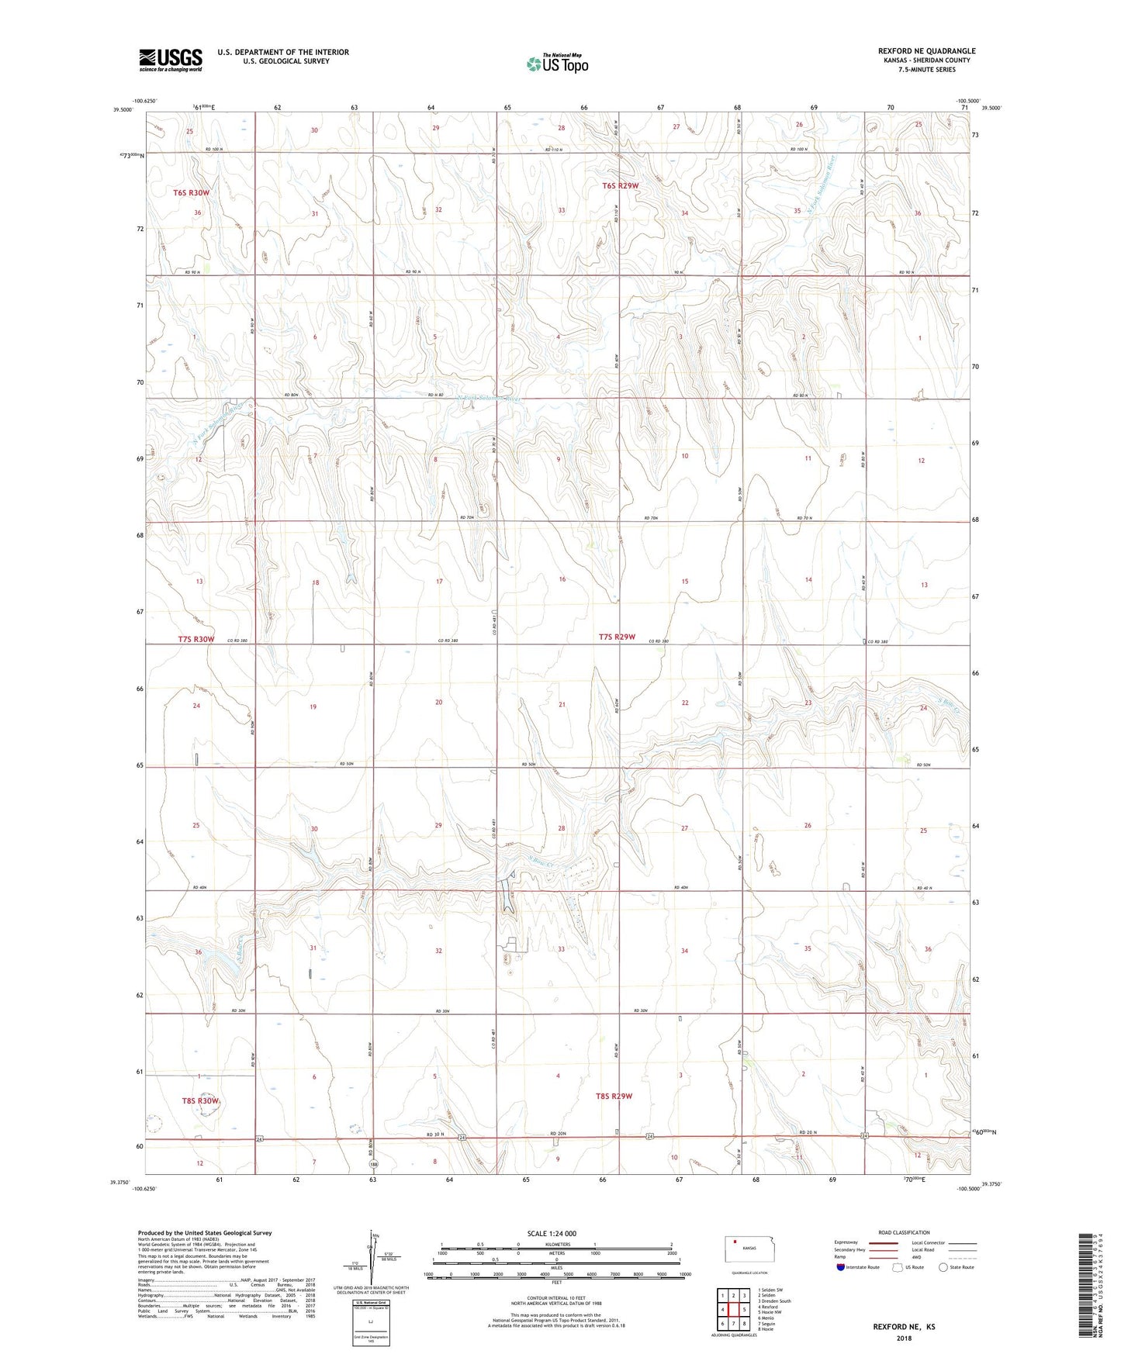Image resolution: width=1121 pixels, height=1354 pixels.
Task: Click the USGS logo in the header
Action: (171, 59)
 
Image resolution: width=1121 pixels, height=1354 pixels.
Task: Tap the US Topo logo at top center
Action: (557, 64)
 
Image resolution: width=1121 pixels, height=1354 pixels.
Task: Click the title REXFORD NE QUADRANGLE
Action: (926, 51)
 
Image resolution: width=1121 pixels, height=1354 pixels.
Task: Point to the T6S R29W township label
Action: (621, 185)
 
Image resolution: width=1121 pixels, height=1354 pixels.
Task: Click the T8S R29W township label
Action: (614, 1096)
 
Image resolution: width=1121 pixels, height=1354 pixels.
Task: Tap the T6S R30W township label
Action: (191, 192)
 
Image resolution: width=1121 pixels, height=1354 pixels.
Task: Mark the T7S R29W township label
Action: (617, 637)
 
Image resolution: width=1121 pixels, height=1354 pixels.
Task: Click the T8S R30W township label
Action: (201, 1100)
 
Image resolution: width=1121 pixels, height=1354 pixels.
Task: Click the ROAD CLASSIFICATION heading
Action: (904, 1232)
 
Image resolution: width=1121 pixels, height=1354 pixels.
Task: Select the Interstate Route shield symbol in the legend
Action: (841, 1266)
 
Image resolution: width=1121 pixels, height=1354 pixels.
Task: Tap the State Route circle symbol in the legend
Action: (943, 1266)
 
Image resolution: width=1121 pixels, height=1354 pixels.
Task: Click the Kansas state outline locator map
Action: (744, 1248)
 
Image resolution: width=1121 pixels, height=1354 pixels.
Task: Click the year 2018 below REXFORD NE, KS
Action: (904, 1338)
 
